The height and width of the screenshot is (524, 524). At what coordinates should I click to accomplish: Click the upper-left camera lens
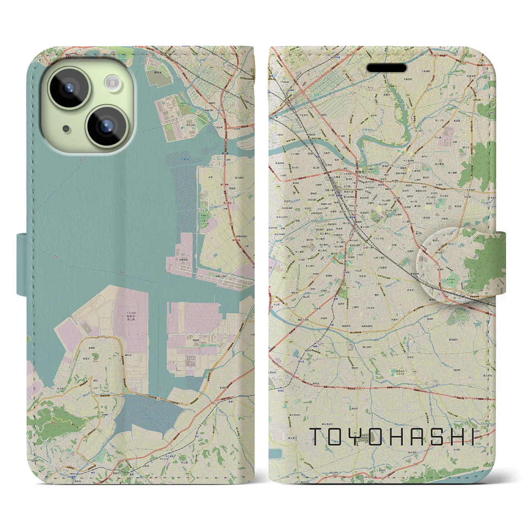coord(69,87)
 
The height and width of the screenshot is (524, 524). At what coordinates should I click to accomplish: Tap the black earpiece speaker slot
coord(386,68)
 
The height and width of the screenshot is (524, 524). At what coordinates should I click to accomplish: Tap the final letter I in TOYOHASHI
coord(473,436)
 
